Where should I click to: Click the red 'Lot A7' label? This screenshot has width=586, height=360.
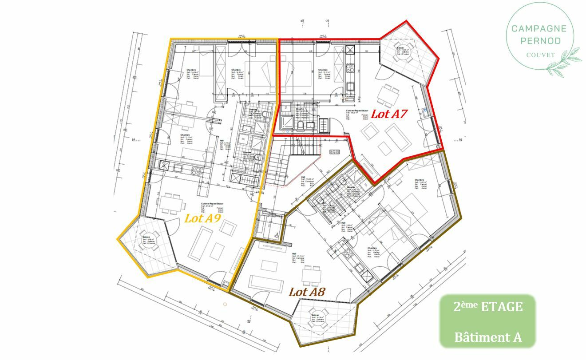pos(389,114)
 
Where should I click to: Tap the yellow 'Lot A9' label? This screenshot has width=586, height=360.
pos(202,218)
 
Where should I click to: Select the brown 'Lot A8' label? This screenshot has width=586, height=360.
pos(307,292)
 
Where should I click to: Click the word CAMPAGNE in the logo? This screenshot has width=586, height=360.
pos(539,29)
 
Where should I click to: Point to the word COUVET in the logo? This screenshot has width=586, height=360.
pos(540,55)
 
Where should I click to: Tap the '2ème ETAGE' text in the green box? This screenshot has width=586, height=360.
pos(488,307)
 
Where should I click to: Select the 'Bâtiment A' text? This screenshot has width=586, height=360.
pos(488,337)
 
